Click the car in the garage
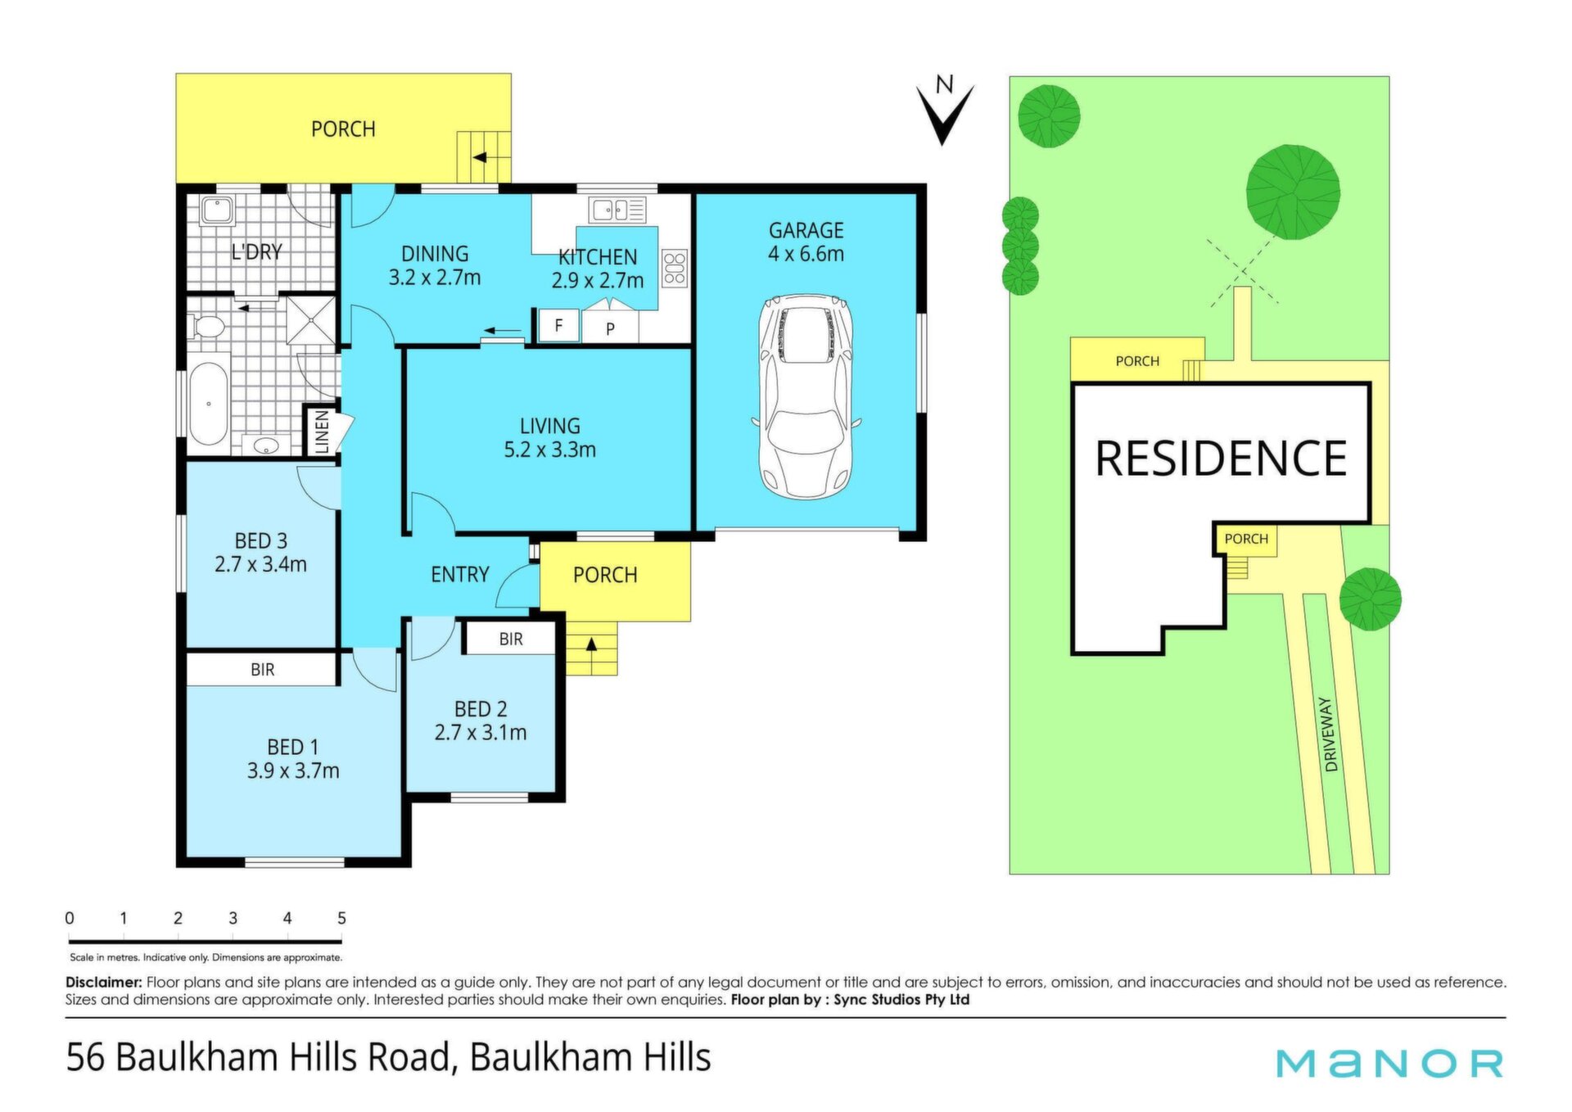pyautogui.click(x=806, y=396)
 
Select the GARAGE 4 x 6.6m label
pyautogui.click(x=806, y=242)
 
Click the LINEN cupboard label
pyautogui.click(x=322, y=431)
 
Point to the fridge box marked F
pyautogui.click(x=558, y=325)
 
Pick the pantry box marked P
pyautogui.click(x=610, y=327)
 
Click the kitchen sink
pyautogui.click(x=618, y=210)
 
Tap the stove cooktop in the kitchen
pyautogui.click(x=675, y=269)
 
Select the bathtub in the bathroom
pyautogui.click(x=209, y=404)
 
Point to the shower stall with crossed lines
pyautogui.click(x=310, y=320)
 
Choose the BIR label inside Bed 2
pyautogui.click(x=511, y=639)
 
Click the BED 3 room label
pyautogui.click(x=261, y=541)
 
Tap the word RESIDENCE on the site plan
pyautogui.click(x=1221, y=459)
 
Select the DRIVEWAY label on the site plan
pyautogui.click(x=1330, y=735)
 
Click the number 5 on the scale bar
pyautogui.click(x=341, y=919)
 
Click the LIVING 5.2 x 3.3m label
pyautogui.click(x=549, y=438)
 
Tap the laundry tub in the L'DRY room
pyautogui.click(x=218, y=211)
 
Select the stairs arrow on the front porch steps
pyautogui.click(x=591, y=644)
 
